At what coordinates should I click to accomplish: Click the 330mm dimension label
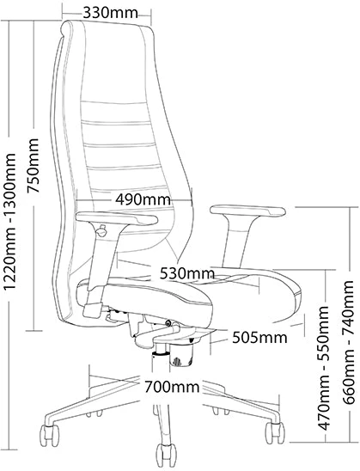tap(110, 13)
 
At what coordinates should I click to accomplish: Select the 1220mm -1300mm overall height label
tap(10, 222)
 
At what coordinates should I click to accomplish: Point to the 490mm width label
tap(143, 199)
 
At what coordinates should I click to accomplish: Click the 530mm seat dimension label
tap(186, 273)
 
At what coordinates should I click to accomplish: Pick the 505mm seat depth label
tap(259, 338)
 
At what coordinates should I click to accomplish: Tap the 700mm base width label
tap(172, 387)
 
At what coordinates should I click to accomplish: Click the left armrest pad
tap(117, 217)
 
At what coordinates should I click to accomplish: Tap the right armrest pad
tap(248, 211)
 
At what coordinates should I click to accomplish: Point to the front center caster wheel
tap(166, 455)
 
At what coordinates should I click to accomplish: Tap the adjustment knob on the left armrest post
tap(101, 231)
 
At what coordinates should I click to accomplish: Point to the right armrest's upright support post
tap(236, 241)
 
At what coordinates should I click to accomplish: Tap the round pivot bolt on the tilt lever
tap(169, 323)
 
